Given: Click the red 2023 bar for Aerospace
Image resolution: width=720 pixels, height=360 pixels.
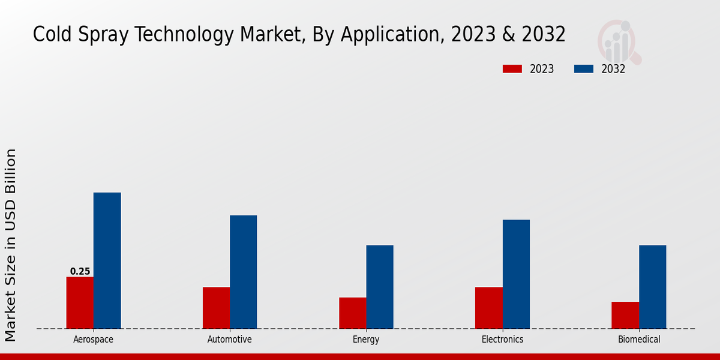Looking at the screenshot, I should (x=80, y=302).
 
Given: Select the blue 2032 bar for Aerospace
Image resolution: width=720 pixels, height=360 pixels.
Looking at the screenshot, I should (x=107, y=260).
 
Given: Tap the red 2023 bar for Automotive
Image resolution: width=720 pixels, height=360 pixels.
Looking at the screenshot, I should (x=216, y=308).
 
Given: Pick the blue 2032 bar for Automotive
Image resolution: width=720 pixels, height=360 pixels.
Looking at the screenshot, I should (x=243, y=272).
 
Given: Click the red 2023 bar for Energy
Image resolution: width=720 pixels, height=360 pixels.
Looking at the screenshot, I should (x=352, y=313).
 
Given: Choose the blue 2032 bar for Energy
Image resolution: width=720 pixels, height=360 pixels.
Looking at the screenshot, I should (x=380, y=287).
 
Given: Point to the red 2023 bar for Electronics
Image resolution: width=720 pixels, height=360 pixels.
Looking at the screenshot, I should (x=488, y=308).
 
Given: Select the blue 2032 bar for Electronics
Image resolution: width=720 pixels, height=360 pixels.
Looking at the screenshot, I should (x=516, y=274).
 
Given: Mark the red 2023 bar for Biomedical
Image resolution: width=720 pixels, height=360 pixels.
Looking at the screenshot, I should (x=625, y=315).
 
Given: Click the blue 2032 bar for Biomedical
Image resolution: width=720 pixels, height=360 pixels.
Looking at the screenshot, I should (x=652, y=287).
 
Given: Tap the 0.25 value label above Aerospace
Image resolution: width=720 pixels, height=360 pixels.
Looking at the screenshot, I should (x=80, y=271).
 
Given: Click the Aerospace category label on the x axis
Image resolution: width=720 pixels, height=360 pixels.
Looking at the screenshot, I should (x=93, y=340).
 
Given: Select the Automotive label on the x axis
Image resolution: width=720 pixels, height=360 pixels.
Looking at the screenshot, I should (x=229, y=340).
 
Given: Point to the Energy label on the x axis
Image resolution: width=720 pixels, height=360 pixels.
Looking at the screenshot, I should (x=366, y=340).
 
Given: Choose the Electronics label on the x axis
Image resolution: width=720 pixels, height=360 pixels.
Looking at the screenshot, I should (x=502, y=340).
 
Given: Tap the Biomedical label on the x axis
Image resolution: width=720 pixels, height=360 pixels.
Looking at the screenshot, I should (x=639, y=340).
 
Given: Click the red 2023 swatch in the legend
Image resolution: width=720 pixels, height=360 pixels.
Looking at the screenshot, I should (x=512, y=69).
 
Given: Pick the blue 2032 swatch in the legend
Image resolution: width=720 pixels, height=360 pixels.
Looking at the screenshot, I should (x=583, y=69).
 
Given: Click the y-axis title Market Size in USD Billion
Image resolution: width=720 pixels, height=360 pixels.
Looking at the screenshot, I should (x=11, y=245).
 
